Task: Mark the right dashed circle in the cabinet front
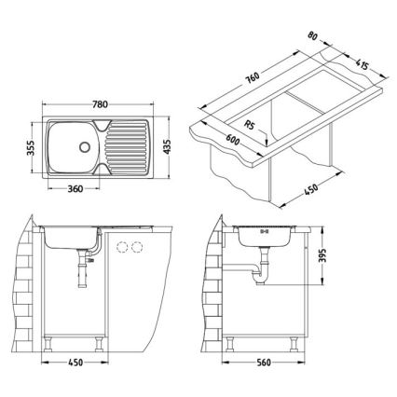coord(142,247)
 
